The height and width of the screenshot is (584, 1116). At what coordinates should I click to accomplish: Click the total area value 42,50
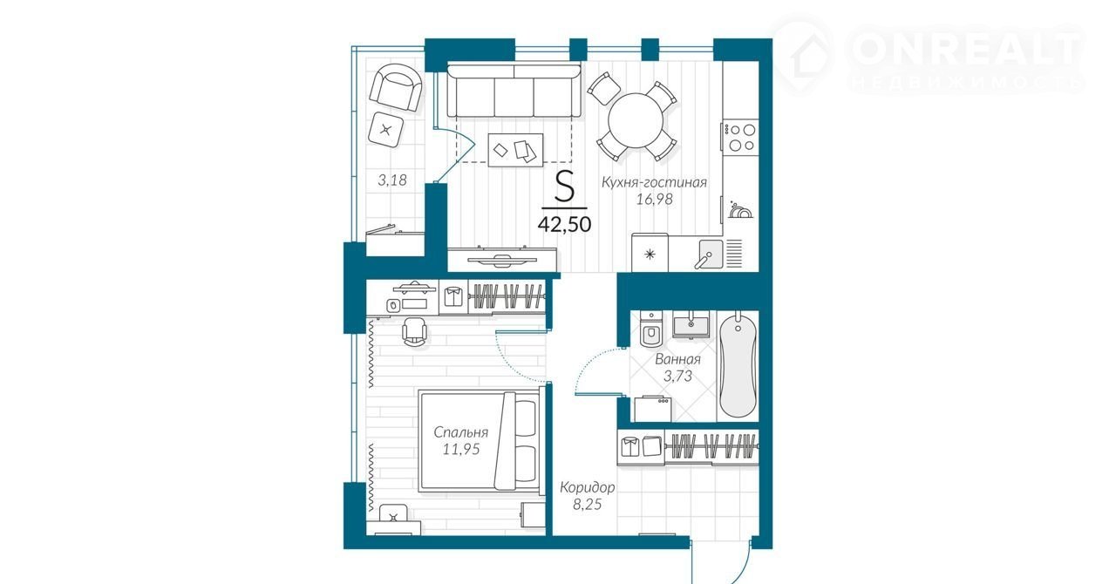click(x=564, y=224)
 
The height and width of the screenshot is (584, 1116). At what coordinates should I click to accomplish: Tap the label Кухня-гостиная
click(x=654, y=182)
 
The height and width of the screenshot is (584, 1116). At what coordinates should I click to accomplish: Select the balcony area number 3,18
click(x=392, y=180)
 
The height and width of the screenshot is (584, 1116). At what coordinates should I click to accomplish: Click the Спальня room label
click(x=461, y=432)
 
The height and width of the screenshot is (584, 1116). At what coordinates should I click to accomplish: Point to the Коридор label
click(x=587, y=487)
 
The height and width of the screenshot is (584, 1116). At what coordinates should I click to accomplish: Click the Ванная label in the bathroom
click(x=677, y=359)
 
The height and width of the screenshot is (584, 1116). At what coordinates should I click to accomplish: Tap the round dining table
click(x=636, y=120)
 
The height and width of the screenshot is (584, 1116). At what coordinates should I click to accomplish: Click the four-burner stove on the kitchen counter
click(x=740, y=137)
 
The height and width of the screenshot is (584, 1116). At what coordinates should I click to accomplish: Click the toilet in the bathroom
click(x=650, y=329)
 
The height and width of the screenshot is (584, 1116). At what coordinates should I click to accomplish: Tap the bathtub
click(x=738, y=364)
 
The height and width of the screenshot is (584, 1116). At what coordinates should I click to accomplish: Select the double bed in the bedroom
click(x=480, y=441)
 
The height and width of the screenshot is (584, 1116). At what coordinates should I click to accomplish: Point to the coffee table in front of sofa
click(x=515, y=150)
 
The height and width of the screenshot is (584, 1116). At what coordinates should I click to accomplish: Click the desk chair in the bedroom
click(x=414, y=331)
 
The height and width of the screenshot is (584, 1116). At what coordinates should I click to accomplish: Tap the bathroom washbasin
click(x=691, y=324)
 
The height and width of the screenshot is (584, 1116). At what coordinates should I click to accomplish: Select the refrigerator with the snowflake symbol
click(x=650, y=252)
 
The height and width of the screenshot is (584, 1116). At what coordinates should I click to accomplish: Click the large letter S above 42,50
click(x=564, y=186)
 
